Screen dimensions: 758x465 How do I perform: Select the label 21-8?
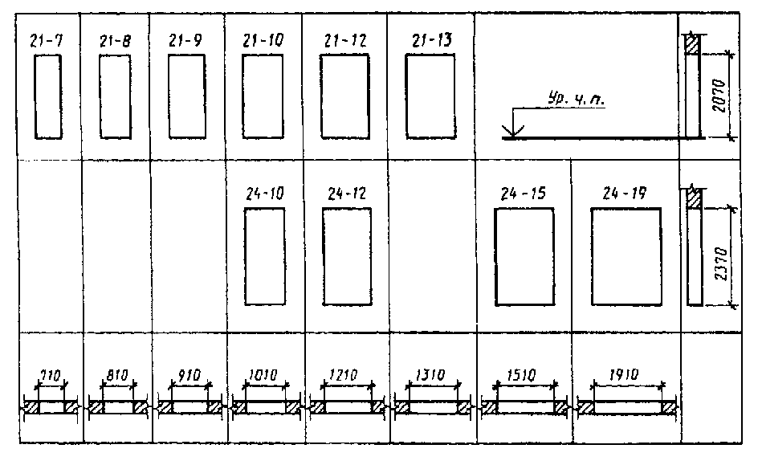coord(116,40)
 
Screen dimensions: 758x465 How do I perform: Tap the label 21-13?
coord(430,40)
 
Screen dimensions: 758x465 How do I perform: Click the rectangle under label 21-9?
coord(185,96)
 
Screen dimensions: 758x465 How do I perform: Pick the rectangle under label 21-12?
coord(344,96)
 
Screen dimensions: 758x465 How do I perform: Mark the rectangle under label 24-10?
coord(264,255)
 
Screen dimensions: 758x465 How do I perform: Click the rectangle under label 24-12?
coord(347,255)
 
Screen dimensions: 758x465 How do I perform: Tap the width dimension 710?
coord(50,374)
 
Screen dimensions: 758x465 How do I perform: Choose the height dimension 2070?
coord(720,95)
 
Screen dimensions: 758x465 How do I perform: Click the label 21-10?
coord(263,40)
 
